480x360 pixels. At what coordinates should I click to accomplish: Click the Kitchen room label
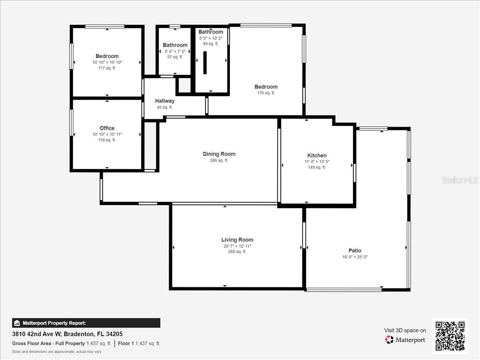[x=317, y=156]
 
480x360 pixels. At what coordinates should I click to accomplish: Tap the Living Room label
[x=237, y=240]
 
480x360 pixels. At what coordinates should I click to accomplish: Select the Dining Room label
[x=219, y=154]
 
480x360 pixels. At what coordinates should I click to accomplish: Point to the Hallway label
[x=165, y=101]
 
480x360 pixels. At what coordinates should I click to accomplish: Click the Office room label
[x=107, y=128]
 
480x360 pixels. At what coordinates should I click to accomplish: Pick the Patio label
[x=355, y=251]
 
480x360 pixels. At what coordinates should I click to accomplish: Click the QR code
[x=450, y=336]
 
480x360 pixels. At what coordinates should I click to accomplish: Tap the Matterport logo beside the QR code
[x=406, y=340]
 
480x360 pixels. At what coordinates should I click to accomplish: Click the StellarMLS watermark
[x=460, y=180]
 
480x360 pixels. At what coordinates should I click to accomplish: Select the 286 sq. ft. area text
[x=219, y=160]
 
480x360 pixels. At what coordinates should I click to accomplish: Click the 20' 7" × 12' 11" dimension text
[x=237, y=246]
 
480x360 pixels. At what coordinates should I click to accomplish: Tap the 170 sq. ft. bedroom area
[x=266, y=93]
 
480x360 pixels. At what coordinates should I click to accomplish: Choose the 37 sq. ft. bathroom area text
[x=175, y=57]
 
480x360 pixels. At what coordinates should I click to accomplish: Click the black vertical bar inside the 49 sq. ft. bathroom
[x=205, y=62]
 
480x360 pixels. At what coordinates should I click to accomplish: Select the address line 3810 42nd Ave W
[x=67, y=334]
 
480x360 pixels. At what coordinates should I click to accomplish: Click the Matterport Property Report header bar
[x=86, y=323]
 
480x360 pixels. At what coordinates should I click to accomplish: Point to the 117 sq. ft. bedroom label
[x=107, y=68]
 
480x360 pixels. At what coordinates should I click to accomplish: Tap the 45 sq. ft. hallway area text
[x=165, y=107]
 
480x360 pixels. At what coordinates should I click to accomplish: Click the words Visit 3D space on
[x=405, y=330]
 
